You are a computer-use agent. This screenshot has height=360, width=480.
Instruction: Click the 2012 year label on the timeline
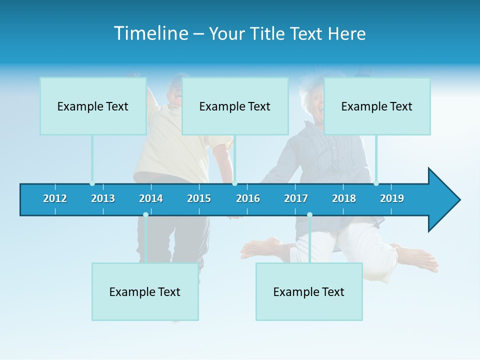point(55,198)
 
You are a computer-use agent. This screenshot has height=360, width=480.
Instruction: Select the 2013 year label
point(103,198)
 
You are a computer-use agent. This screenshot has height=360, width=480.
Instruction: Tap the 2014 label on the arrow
point(151,198)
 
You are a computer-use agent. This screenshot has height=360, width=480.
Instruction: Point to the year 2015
point(199,198)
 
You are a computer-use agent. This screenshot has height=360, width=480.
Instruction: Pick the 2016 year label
point(248,198)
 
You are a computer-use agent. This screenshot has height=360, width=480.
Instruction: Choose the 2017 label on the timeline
point(296,198)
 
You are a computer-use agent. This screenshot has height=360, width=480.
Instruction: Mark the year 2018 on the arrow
point(344,198)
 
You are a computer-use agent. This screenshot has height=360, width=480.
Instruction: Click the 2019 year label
point(392,198)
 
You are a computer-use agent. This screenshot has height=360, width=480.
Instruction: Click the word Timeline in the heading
point(150,33)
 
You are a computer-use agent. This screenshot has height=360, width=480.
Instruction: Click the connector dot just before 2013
point(92,183)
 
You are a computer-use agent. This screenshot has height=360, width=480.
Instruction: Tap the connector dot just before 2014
point(145,215)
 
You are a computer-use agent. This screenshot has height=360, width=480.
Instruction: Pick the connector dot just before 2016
point(234,183)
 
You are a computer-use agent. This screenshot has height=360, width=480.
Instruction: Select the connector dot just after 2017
point(309,215)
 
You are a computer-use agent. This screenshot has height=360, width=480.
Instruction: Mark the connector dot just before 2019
point(376,183)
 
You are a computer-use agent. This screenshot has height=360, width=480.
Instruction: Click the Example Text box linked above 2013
point(93,106)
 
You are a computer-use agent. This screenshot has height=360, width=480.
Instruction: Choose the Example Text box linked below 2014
point(145,291)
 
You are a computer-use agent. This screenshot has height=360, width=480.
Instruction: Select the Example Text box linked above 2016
point(235,106)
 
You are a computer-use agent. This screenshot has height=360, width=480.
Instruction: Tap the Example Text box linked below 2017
point(309,291)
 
